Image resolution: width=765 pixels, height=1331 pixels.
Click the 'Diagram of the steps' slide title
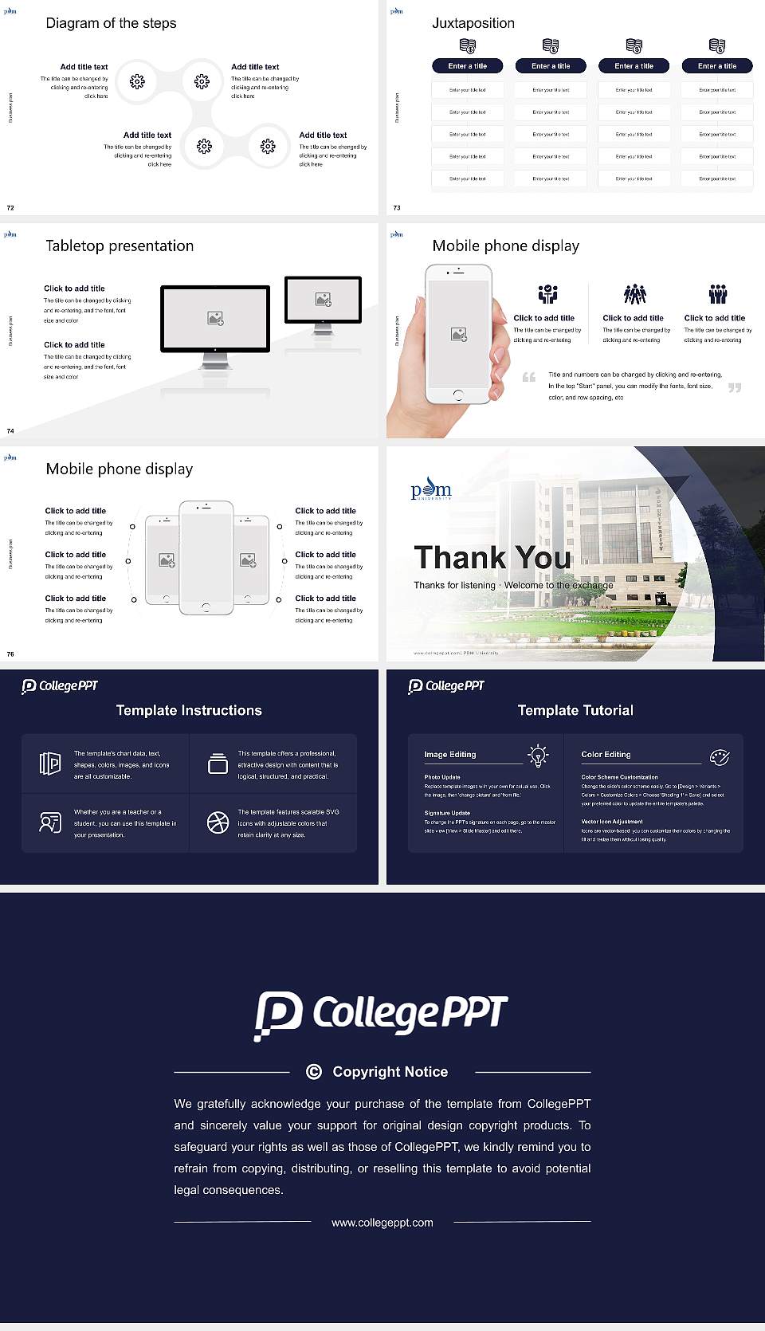(x=111, y=23)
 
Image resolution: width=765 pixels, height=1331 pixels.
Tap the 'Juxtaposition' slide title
(x=473, y=23)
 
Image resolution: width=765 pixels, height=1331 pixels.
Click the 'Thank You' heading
(x=492, y=558)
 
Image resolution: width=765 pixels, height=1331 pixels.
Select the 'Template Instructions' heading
(x=189, y=710)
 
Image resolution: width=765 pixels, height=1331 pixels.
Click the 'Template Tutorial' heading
(x=575, y=710)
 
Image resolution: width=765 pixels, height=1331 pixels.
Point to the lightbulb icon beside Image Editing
(x=538, y=756)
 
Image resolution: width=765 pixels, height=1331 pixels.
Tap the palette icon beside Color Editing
(x=720, y=756)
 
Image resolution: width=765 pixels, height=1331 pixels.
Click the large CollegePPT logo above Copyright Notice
(x=381, y=1015)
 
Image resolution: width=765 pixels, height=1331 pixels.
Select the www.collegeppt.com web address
(x=382, y=1223)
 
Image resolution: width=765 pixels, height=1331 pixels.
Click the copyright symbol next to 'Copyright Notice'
(x=314, y=1072)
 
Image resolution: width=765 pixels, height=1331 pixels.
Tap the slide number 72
(x=10, y=208)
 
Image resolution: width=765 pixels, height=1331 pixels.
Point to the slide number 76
(x=10, y=654)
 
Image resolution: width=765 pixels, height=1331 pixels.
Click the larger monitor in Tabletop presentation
(x=215, y=319)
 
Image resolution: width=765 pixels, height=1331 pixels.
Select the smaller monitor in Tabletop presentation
(x=323, y=300)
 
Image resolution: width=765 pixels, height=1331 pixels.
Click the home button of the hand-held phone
(x=457, y=395)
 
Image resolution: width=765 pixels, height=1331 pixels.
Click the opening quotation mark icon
(x=529, y=377)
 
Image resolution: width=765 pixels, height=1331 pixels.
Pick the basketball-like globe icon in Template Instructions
(x=218, y=823)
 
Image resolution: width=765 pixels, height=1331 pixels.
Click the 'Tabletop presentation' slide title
(x=120, y=246)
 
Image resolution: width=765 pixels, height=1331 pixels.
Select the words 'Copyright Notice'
(x=390, y=1072)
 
